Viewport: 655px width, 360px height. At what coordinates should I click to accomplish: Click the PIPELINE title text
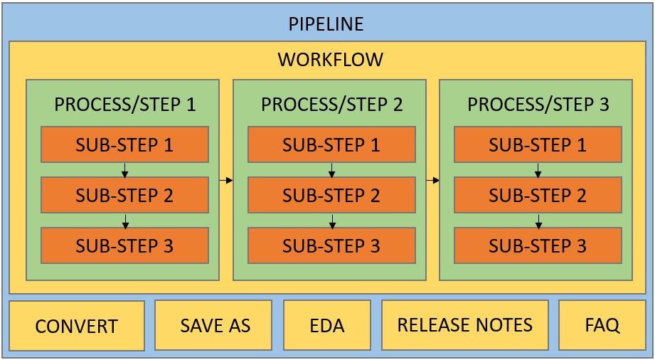326,23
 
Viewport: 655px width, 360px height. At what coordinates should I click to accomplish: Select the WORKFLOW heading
331,59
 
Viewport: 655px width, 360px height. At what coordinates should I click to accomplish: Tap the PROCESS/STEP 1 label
125,105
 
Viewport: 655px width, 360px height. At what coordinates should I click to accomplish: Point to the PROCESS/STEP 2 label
331,105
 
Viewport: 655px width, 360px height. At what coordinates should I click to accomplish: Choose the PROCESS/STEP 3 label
538,105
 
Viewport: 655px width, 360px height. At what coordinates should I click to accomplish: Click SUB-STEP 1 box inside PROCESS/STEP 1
125,144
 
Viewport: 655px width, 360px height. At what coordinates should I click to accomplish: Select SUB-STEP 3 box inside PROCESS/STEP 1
125,245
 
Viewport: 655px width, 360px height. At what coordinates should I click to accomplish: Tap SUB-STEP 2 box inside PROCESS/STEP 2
331,195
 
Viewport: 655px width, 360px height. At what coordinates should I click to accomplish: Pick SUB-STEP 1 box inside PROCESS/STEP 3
538,144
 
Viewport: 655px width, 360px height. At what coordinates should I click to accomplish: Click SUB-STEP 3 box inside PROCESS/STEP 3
538,245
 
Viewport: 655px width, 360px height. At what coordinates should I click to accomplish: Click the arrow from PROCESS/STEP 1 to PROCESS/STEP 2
226,180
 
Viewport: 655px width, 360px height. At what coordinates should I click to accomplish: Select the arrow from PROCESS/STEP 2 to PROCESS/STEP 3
433,180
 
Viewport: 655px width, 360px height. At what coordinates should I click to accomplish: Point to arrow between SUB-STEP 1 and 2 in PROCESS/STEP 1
125,170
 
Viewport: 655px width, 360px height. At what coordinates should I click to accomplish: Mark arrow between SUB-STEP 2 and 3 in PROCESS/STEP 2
332,221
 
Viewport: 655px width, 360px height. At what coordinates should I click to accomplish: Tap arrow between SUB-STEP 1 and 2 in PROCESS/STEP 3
538,170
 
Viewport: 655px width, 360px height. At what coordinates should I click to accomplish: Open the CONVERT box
77,326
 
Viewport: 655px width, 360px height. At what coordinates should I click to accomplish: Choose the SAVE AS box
213,325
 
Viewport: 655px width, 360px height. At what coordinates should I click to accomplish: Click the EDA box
327,325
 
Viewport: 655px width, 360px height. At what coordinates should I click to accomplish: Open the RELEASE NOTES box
465,325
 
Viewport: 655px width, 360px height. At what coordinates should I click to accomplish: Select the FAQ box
602,325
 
